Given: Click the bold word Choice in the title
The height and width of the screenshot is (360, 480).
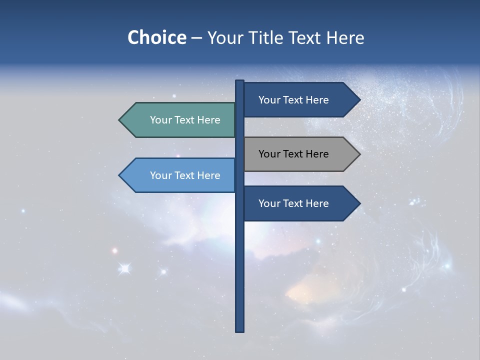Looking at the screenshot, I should click(x=156, y=37).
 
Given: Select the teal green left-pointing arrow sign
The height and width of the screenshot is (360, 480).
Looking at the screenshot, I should click(x=180, y=120).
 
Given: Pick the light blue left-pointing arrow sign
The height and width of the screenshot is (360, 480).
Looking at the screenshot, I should click(x=180, y=175).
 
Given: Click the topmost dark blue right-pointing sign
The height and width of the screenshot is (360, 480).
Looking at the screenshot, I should click(x=297, y=100).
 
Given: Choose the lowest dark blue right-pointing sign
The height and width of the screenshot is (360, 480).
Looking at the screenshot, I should click(x=297, y=203).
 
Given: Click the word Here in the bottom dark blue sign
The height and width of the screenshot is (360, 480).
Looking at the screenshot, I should click(x=316, y=203).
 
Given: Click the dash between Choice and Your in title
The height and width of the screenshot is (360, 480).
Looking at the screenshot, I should click(x=196, y=38).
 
